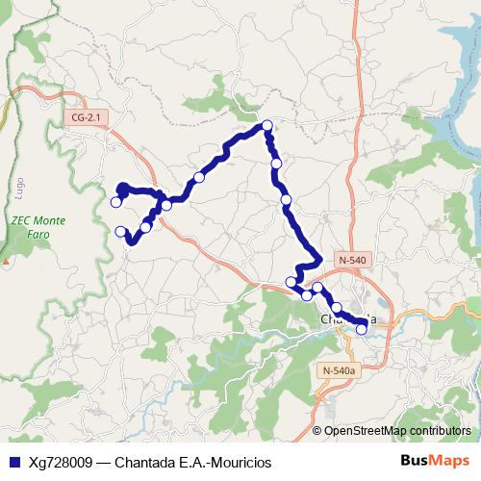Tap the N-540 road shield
(x=352, y=260)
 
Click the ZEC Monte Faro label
(x=38, y=227)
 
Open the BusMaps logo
(x=435, y=461)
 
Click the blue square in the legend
(x=13, y=462)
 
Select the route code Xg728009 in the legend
(x=61, y=462)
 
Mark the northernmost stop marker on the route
(x=267, y=125)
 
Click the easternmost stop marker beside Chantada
(x=362, y=329)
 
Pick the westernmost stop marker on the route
(x=115, y=202)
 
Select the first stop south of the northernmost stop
(x=276, y=165)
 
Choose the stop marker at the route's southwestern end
(x=121, y=231)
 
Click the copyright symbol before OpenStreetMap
(x=317, y=431)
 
